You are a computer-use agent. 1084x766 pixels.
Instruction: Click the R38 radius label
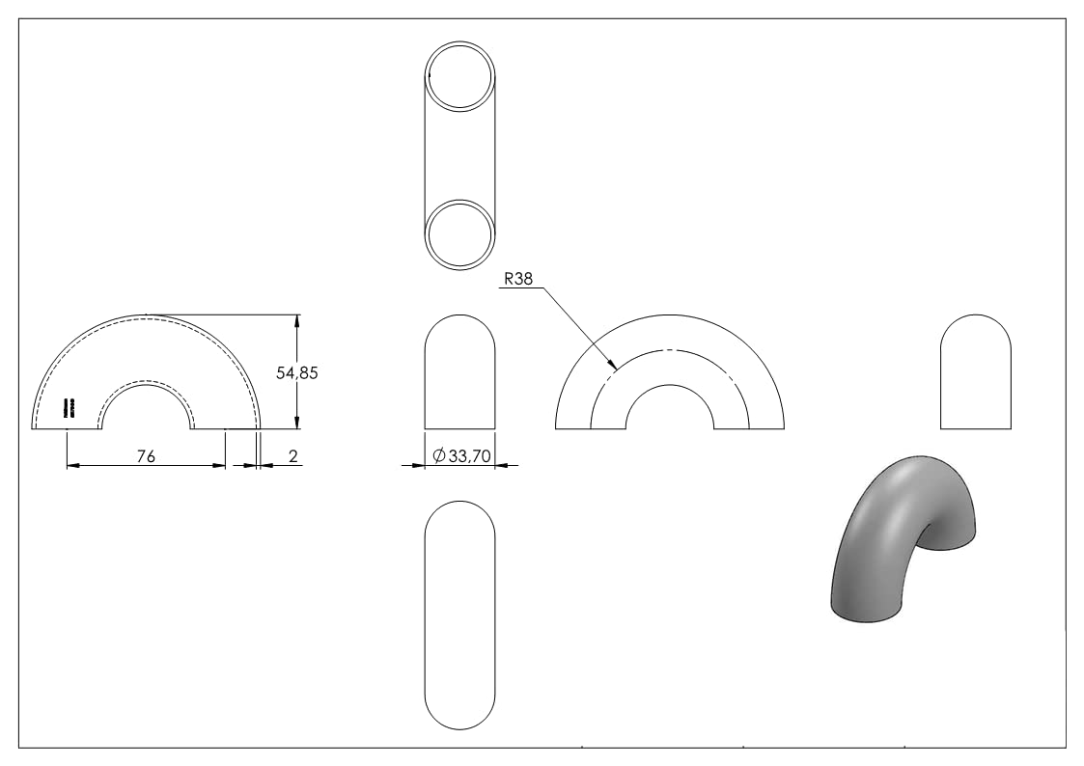(518, 279)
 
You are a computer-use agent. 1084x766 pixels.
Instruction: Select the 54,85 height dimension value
(297, 373)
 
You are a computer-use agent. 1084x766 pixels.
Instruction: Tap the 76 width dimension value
(146, 456)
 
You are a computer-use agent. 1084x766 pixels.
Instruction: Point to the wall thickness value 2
(293, 456)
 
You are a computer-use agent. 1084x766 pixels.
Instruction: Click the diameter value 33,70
(470, 456)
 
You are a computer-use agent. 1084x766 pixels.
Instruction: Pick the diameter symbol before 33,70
(439, 456)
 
